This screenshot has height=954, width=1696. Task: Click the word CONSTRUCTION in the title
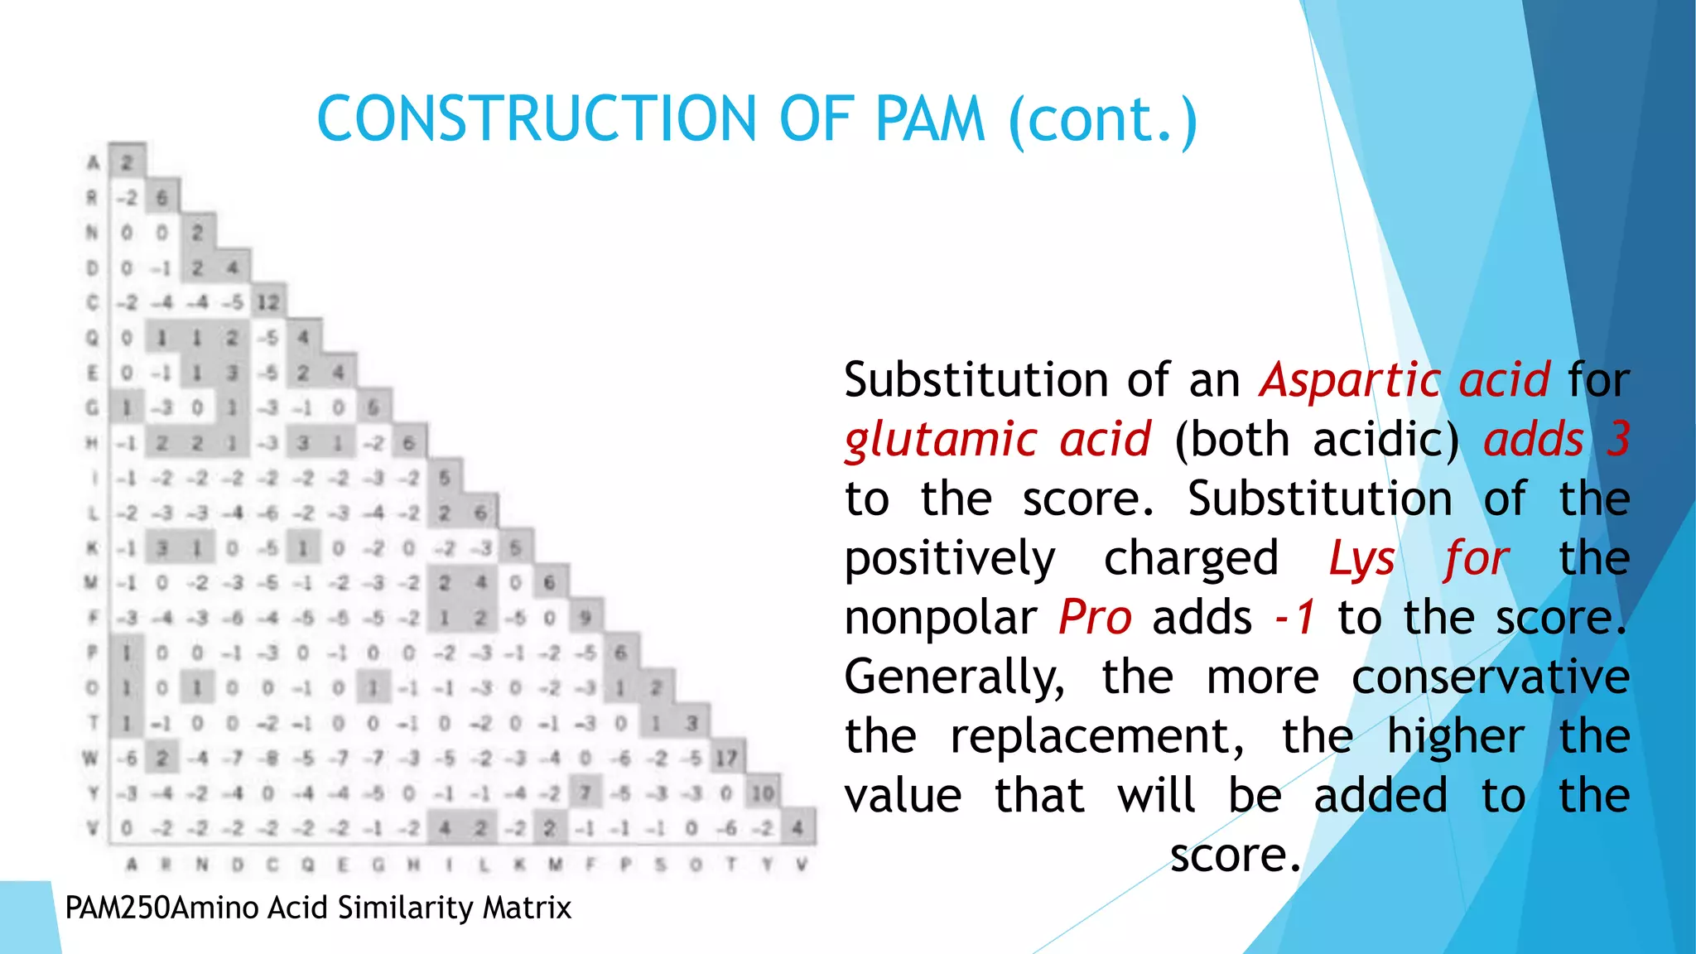click(537, 119)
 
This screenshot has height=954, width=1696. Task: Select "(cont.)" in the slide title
click(1103, 121)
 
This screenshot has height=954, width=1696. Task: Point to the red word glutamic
click(940, 440)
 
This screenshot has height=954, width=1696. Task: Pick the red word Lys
click(1362, 558)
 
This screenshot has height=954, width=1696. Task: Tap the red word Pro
click(1095, 618)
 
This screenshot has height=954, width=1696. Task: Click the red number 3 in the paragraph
click(1618, 439)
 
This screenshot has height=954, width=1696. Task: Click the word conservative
click(1490, 677)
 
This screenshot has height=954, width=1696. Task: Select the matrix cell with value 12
click(267, 302)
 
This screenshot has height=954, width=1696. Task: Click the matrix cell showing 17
click(726, 758)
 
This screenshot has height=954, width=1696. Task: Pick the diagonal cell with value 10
click(762, 793)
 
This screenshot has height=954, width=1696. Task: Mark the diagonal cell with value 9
click(585, 617)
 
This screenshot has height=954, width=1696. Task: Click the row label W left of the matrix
click(91, 758)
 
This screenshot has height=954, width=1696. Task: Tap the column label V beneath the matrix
click(801, 865)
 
